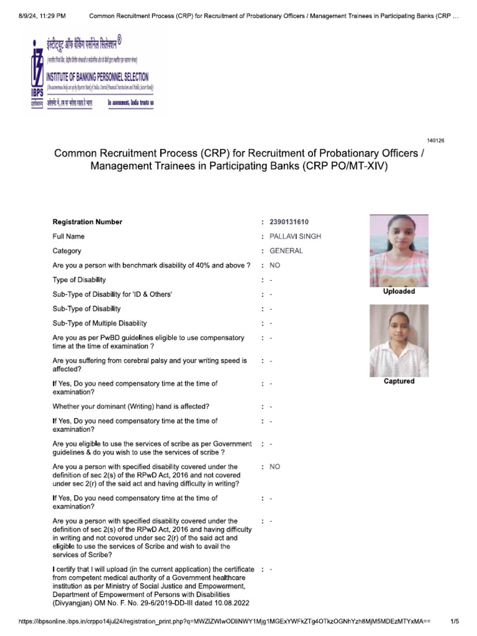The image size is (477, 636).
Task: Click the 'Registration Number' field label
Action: tap(88, 222)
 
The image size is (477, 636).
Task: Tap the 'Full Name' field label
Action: tap(69, 237)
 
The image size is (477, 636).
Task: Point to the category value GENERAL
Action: tap(286, 251)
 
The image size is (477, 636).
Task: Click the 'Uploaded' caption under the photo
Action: tap(399, 291)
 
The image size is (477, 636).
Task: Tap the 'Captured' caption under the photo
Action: tap(399, 381)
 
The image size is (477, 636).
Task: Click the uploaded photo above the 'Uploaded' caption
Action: tap(399, 250)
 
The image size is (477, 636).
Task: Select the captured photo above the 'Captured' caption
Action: tap(399, 340)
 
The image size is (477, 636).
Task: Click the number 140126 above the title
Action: tap(435, 140)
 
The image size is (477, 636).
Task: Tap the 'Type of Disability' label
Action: tap(79, 280)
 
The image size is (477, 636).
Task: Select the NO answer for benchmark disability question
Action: tap(275, 265)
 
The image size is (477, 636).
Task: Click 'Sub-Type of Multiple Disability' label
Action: tap(100, 323)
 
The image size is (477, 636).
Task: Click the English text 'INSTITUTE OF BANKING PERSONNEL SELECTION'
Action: tap(98, 77)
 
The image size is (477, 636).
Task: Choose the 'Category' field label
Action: tap(67, 251)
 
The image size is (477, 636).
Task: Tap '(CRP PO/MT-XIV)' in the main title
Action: tap(348, 166)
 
